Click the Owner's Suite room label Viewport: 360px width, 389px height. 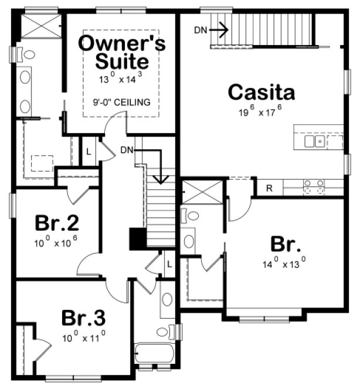pyautogui.click(x=121, y=52)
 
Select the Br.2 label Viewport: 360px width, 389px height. pyautogui.click(x=57, y=223)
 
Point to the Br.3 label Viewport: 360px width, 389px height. pyautogui.click(x=83, y=319)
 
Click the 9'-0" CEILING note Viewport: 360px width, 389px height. pyautogui.click(x=121, y=102)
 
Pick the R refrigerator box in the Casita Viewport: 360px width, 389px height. pyautogui.click(x=269, y=188)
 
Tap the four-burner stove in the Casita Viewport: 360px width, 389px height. pyautogui.click(x=313, y=187)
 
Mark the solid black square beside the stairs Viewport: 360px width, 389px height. pyautogui.click(x=137, y=239)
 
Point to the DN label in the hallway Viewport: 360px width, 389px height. pyautogui.click(x=127, y=150)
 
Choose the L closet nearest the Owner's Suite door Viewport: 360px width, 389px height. pyautogui.click(x=88, y=151)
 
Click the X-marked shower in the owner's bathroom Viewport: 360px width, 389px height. pyautogui.click(x=40, y=26)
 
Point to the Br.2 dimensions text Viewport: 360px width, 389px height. pyautogui.click(x=57, y=241)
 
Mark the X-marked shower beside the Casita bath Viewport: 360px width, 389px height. pyautogui.click(x=201, y=192)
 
